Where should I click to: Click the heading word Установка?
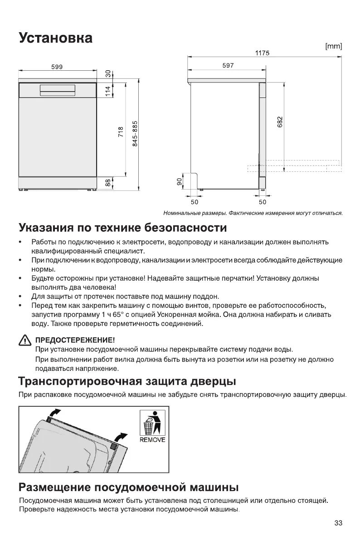tap(55, 38)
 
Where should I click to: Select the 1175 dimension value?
tap(262, 53)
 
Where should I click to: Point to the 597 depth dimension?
tap(228, 66)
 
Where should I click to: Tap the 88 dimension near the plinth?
tap(107, 182)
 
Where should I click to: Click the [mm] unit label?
tap(333, 46)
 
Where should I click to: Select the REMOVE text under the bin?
tap(152, 440)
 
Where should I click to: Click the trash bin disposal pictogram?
tap(152, 423)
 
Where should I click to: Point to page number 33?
tap(338, 523)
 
